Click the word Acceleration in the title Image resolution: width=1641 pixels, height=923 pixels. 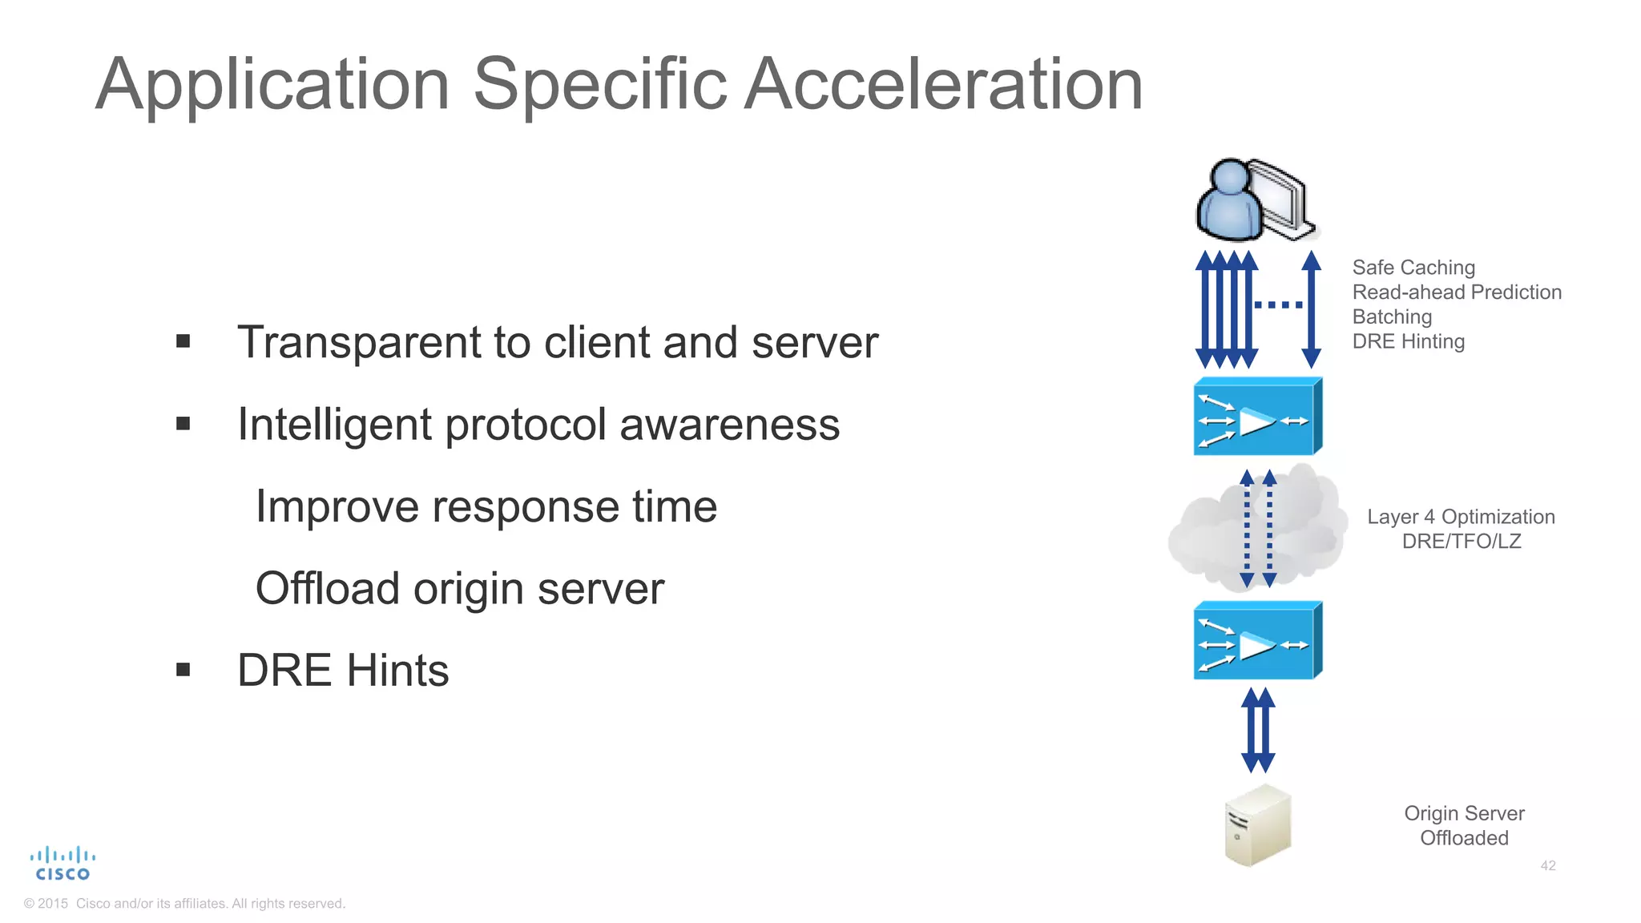coord(943,84)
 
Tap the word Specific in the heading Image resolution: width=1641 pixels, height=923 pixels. coord(599,84)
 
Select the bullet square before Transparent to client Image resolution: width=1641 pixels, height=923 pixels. coord(183,342)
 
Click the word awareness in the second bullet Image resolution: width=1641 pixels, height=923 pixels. coord(729,424)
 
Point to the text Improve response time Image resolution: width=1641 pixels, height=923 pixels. coord(486,506)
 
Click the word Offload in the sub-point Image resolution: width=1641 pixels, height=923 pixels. coord(327,588)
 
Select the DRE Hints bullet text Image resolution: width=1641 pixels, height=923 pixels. coord(343,670)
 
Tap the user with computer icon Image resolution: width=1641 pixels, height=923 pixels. coord(1256,200)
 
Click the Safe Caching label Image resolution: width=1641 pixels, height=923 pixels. coord(1413,268)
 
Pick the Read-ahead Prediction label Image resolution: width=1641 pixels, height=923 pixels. coord(1457,292)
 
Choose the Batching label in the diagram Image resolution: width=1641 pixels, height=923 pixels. coord(1392,317)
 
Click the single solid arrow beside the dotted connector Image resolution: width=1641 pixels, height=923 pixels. coord(1312,309)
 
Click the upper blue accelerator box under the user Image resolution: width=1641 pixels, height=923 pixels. coord(1256,417)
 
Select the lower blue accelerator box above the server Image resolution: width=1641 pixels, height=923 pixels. coord(1256,641)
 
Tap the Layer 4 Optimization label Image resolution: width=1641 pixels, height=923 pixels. coord(1461,517)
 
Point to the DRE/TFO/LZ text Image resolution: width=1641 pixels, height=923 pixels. coord(1461,542)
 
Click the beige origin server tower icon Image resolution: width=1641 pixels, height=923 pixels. coord(1258,825)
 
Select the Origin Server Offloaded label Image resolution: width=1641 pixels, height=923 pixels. coord(1464,825)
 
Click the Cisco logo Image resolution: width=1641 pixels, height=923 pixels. coord(62,864)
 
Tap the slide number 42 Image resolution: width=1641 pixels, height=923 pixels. coord(1548,865)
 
